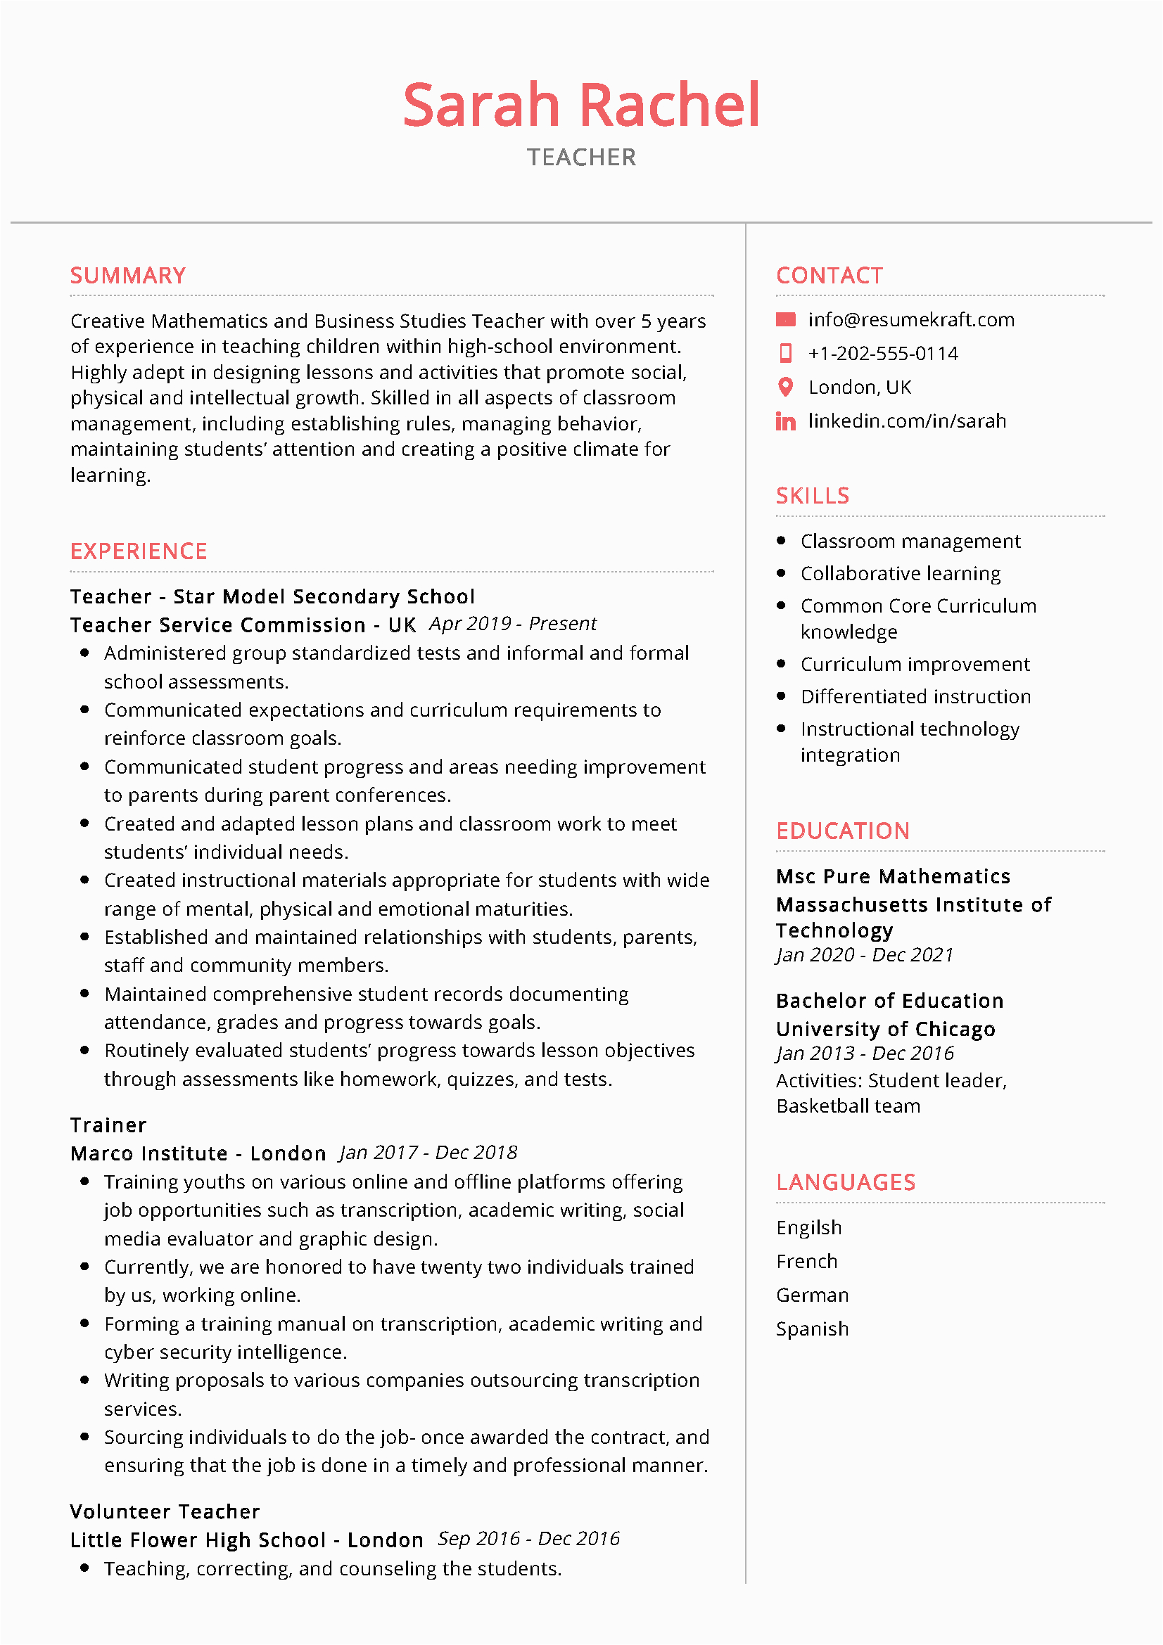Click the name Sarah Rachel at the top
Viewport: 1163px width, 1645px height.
pyautogui.click(x=581, y=105)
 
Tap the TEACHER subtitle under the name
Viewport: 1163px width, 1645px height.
pyautogui.click(x=581, y=158)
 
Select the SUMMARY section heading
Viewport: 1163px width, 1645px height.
pyautogui.click(x=127, y=276)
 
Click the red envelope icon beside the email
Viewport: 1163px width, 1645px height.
pyautogui.click(x=785, y=319)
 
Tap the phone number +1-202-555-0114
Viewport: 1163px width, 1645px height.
pyautogui.click(x=883, y=353)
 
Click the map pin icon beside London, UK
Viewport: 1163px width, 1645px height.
pyautogui.click(x=785, y=387)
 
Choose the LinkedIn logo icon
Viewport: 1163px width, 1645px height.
pyautogui.click(x=785, y=421)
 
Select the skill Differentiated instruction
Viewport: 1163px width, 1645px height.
pyautogui.click(x=915, y=696)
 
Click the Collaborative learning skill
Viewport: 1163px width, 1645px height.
pyautogui.click(x=900, y=573)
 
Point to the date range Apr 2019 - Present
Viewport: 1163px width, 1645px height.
pyautogui.click(x=512, y=624)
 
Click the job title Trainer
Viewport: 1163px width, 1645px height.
pyautogui.click(x=108, y=1125)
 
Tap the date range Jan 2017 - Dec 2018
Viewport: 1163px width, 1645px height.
pyautogui.click(x=428, y=1153)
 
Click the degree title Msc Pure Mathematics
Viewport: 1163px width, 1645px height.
pyautogui.click(x=893, y=876)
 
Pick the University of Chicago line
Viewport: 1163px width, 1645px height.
pyautogui.click(x=886, y=1029)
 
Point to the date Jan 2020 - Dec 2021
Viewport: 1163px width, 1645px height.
pyautogui.click(x=864, y=955)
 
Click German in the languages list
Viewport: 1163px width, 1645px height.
pyautogui.click(x=812, y=1295)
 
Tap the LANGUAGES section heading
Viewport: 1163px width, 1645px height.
pyautogui.click(x=846, y=1182)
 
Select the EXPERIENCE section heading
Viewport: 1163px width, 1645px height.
pyautogui.click(x=139, y=551)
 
